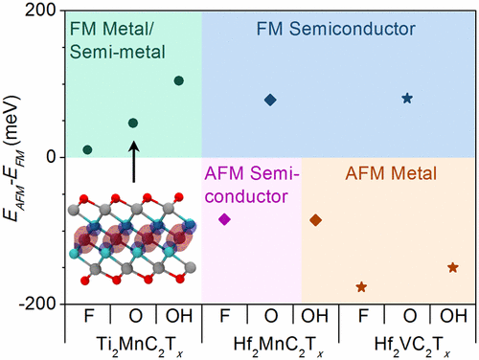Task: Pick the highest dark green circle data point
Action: (178, 80)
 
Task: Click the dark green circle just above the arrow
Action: (133, 123)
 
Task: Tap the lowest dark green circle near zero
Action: (88, 149)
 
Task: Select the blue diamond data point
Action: (270, 100)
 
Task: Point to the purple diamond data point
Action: (225, 219)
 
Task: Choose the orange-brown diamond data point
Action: (316, 220)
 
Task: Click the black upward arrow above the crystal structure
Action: (133, 159)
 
